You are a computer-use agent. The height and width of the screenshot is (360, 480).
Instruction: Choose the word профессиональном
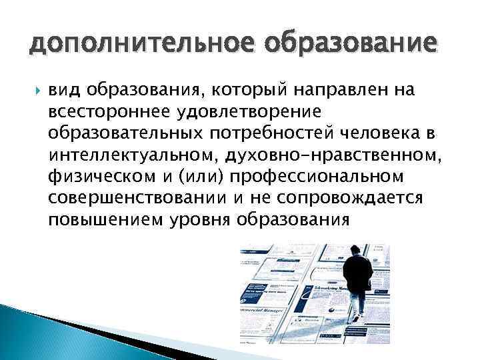[x=318, y=182]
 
